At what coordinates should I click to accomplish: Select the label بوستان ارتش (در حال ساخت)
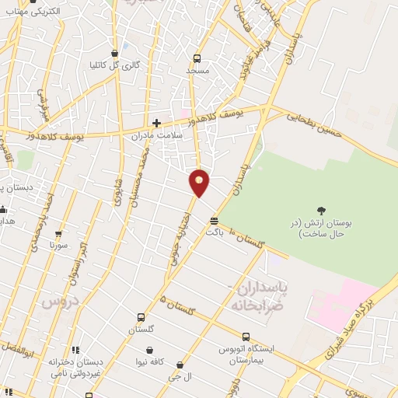(x=326, y=227)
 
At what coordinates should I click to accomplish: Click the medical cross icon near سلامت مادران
(x=156, y=123)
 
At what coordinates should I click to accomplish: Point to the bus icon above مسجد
(x=197, y=58)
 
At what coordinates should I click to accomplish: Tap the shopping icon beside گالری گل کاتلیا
(x=115, y=54)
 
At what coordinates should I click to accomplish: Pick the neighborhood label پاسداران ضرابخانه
(x=260, y=296)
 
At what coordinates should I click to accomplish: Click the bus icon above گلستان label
(x=140, y=317)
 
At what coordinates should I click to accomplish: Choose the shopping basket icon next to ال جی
(x=180, y=365)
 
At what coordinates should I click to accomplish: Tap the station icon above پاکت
(x=214, y=220)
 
